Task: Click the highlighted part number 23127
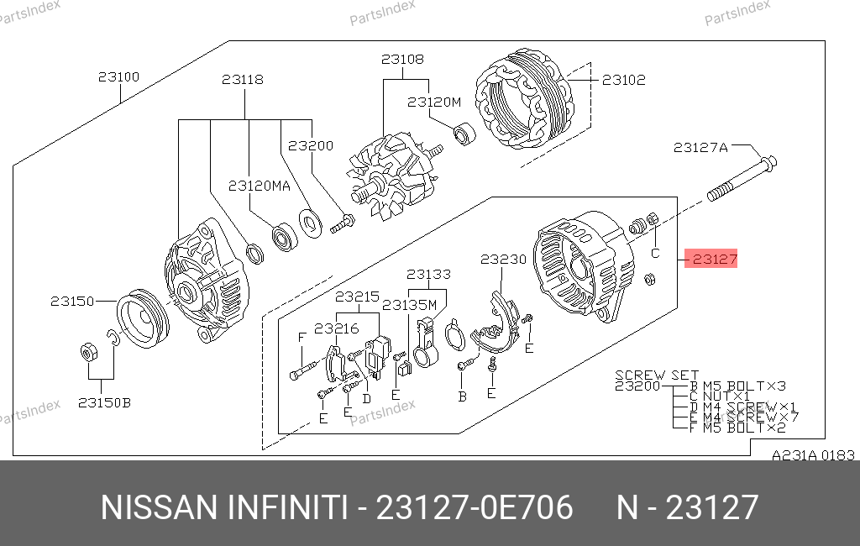point(715,259)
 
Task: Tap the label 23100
point(119,76)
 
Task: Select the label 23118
point(243,80)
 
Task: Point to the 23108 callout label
point(402,60)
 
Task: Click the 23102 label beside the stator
point(624,80)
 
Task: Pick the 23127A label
point(700,148)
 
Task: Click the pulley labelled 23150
point(143,318)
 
